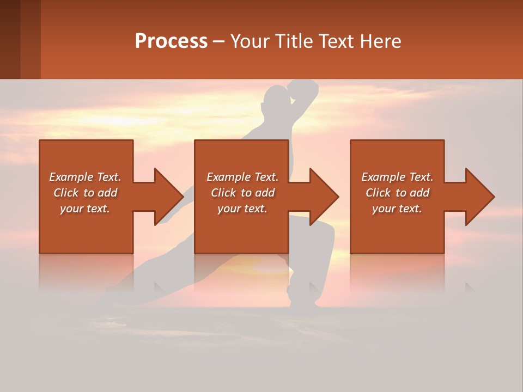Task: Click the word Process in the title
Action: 171,41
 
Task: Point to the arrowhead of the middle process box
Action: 324,197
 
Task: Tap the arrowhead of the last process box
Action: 479,197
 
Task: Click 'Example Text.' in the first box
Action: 85,177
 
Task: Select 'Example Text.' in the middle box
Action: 242,177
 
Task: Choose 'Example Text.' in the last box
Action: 397,177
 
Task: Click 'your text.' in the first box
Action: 85,209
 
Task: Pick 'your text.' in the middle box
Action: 242,209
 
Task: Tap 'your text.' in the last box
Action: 397,209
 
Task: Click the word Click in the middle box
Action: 223,193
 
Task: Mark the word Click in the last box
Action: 378,193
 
